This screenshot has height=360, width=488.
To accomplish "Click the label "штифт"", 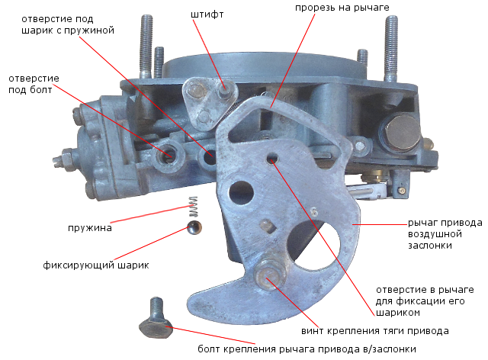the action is (x=207, y=14).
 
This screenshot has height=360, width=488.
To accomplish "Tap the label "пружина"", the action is (x=90, y=228).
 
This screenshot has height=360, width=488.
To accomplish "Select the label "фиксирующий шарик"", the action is (x=96, y=265).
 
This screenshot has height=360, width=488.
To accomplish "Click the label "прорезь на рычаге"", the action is (x=342, y=8).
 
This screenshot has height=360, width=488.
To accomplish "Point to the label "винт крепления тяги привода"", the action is (x=374, y=331).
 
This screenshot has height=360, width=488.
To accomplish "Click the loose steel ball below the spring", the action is (x=194, y=227).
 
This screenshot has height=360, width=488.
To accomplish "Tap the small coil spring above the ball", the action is (x=193, y=207).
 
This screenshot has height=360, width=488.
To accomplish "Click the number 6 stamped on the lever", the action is (x=314, y=212).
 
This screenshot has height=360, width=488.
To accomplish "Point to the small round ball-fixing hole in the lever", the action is (x=271, y=158).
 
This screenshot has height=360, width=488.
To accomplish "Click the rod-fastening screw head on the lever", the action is (x=270, y=275).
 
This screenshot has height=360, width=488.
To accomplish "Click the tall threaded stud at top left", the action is (x=146, y=47).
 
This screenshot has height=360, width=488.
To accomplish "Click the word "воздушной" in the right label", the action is (x=435, y=234).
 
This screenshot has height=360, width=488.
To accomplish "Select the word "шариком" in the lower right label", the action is (x=398, y=313).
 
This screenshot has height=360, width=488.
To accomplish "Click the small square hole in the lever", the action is (x=268, y=226).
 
